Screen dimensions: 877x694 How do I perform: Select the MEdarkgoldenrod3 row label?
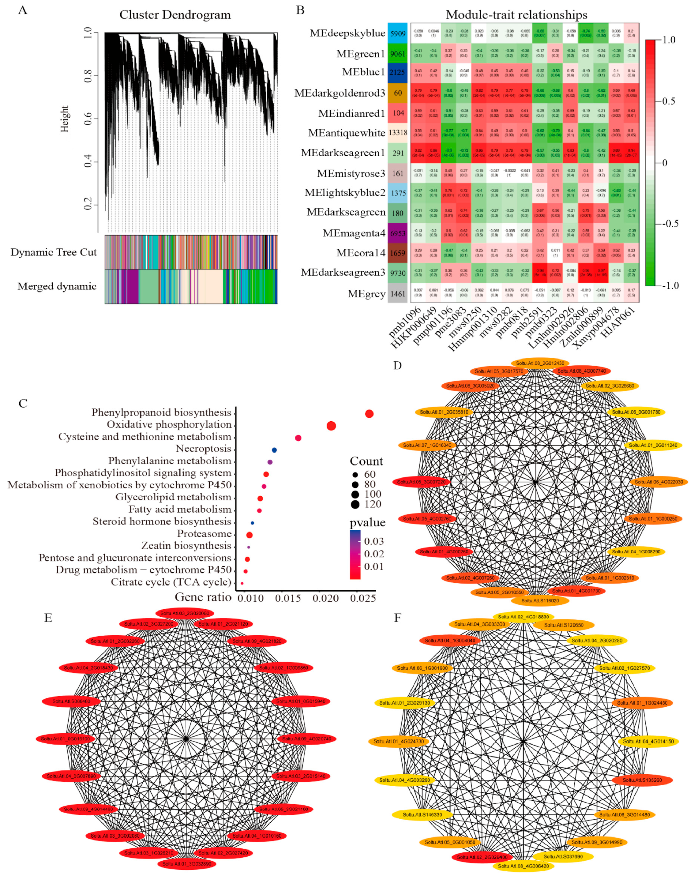point(340,93)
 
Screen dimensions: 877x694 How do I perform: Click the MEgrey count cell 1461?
point(398,294)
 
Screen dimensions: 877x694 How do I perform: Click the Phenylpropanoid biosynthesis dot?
point(369,414)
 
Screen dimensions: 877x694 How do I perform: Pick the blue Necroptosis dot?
point(274,450)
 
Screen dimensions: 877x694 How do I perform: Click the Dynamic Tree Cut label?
point(54,252)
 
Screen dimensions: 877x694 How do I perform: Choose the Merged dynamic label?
point(57,286)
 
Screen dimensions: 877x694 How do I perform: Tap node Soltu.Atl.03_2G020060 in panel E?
point(185,613)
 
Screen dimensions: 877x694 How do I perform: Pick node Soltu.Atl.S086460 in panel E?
point(71,701)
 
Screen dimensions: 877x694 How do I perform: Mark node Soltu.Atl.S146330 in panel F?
point(422,815)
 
